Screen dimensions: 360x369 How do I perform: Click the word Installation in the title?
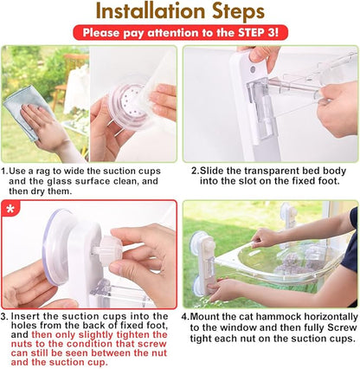pos(151,11)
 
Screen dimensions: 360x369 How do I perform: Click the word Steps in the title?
pos(238,12)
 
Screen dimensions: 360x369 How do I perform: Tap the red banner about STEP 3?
pos(181,32)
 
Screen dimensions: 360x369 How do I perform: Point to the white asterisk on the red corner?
pos(10,208)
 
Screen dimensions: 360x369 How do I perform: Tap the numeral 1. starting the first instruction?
pos(5,171)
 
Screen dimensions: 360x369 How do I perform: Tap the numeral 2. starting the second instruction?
pos(196,171)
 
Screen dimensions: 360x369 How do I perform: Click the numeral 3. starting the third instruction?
pos(4,316)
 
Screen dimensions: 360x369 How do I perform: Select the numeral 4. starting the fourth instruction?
pos(185,317)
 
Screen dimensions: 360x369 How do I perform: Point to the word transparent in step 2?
pos(268,171)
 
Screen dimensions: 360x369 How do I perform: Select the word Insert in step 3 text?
pos(24,316)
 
